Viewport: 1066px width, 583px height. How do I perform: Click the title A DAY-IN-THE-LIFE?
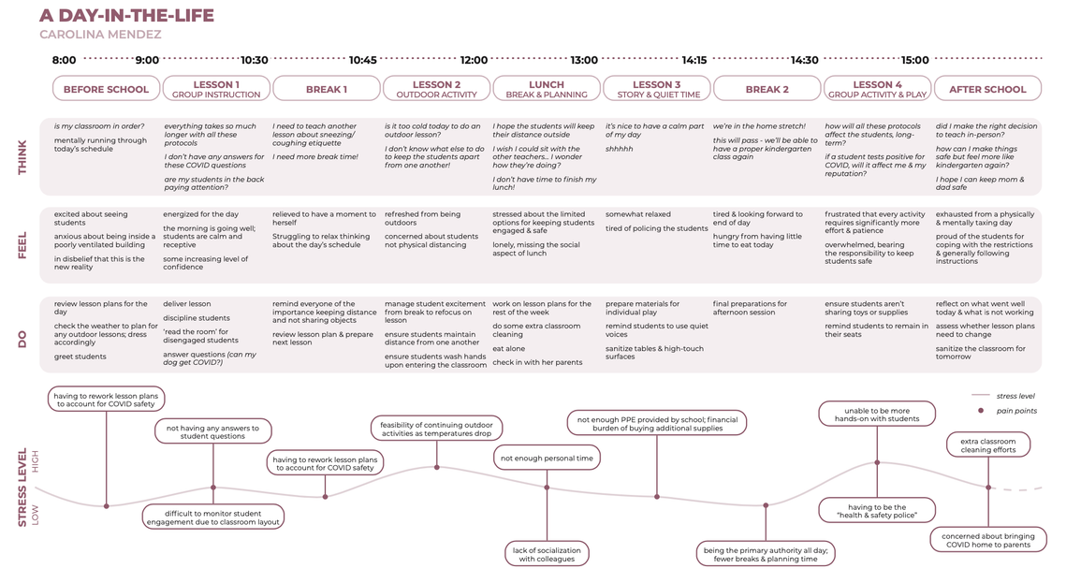point(126,15)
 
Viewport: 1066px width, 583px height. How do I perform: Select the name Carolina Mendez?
point(101,34)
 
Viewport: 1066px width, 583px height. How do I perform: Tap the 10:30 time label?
point(255,60)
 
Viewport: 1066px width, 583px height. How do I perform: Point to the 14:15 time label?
point(694,60)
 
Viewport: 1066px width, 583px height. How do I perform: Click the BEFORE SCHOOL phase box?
point(106,88)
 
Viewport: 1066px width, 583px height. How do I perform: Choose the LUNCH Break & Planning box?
point(547,88)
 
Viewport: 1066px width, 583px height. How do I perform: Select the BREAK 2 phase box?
point(767,88)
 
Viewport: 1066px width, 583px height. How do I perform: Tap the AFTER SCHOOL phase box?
point(987,88)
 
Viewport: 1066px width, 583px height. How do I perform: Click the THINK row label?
point(22,157)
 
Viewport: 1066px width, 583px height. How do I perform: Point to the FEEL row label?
point(22,245)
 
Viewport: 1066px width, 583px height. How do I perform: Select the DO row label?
point(22,339)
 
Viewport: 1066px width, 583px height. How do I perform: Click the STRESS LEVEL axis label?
point(22,488)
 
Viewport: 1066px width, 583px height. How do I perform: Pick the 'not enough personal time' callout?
point(547,458)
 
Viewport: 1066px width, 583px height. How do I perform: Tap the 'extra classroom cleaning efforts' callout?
point(988,445)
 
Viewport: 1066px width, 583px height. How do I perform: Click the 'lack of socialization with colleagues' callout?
point(547,555)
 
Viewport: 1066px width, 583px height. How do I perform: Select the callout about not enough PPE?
point(657,423)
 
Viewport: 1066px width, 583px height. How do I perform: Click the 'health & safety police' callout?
point(877,511)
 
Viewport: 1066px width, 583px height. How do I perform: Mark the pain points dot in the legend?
point(980,411)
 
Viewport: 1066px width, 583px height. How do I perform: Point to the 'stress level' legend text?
point(1015,396)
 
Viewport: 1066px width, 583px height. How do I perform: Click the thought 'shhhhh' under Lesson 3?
point(620,149)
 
